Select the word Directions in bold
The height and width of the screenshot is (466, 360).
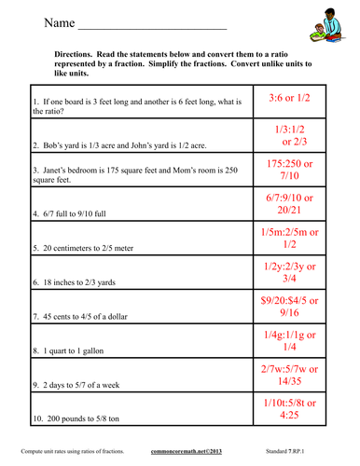[76, 53]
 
